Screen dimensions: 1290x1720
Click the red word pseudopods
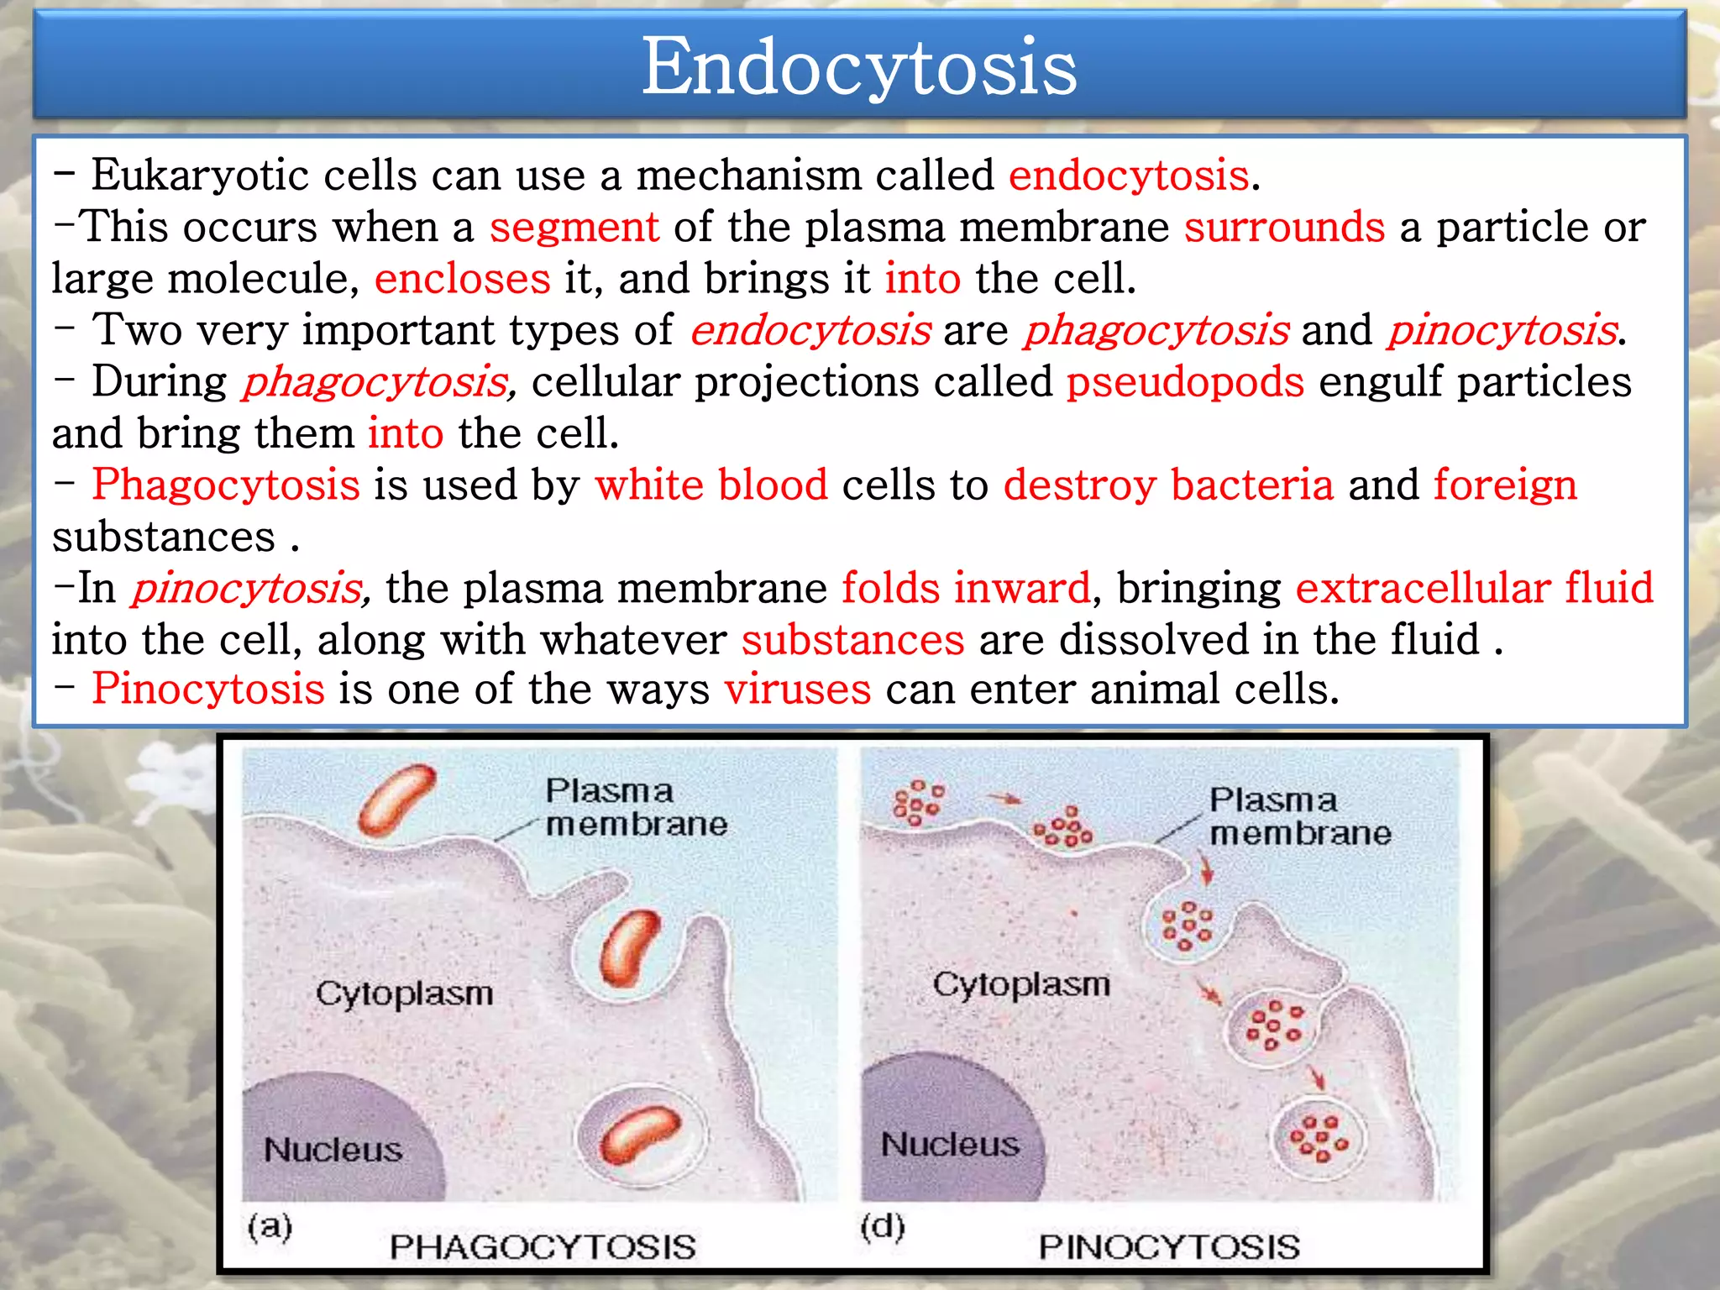tap(1185, 382)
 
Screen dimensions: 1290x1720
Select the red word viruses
tap(797, 690)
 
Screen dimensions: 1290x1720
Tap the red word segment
tap(574, 228)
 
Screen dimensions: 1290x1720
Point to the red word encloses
tap(462, 279)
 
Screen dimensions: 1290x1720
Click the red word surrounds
tap(1284, 228)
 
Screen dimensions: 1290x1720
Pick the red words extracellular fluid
tap(1474, 587)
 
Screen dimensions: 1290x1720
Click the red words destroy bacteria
tap(1168, 485)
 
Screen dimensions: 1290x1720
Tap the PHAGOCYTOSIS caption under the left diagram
tap(543, 1246)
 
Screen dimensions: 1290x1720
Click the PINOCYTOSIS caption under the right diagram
tap(1169, 1246)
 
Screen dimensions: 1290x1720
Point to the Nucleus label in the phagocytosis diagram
tap(333, 1150)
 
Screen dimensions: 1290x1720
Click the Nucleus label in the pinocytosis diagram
tap(950, 1144)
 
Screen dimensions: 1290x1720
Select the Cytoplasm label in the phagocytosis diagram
tap(404, 994)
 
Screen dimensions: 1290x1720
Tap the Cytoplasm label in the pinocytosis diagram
tap(1021, 984)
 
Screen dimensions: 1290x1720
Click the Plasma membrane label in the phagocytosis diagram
tap(635, 807)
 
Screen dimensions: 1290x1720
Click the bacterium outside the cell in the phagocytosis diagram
tap(396, 800)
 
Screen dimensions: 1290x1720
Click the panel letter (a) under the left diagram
tap(270, 1227)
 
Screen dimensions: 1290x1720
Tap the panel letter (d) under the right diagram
tap(883, 1227)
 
